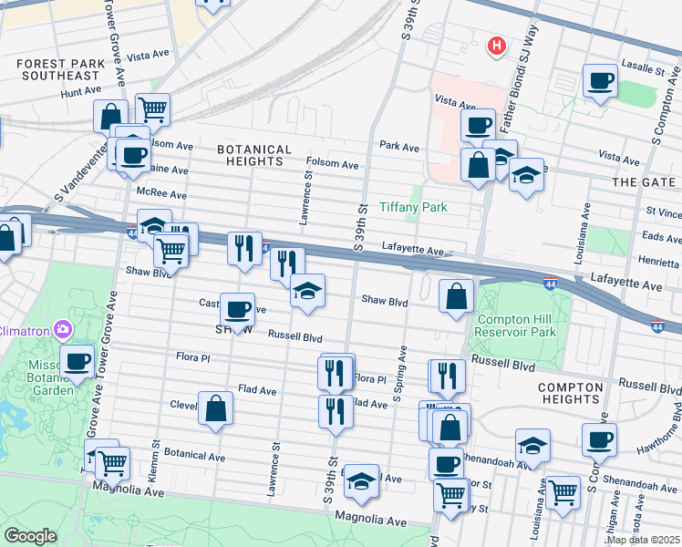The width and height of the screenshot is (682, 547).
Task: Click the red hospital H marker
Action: click(496, 45)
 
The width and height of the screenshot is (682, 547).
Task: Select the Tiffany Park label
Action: click(413, 207)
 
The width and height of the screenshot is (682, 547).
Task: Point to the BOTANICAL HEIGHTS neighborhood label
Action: click(254, 155)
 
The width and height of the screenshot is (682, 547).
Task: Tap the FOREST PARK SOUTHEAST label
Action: click(57, 70)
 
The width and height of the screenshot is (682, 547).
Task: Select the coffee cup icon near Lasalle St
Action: click(600, 81)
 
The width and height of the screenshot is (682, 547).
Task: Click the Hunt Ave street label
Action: click(80, 92)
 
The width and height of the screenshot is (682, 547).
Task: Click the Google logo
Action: click(31, 536)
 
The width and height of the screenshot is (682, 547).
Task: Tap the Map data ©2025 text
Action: click(643, 540)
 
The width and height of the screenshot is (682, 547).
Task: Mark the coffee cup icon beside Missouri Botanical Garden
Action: click(77, 360)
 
